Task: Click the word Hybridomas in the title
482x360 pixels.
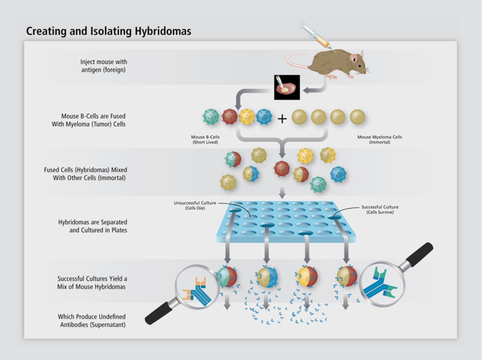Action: coord(163,31)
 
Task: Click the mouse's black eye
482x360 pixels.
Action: coord(360,66)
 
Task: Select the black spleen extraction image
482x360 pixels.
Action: coord(287,87)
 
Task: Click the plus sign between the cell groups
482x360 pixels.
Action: coord(282,119)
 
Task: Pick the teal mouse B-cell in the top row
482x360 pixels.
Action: coord(211,117)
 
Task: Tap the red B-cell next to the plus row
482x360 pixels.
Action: coord(230,117)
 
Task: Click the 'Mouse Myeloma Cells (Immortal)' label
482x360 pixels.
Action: coord(380,139)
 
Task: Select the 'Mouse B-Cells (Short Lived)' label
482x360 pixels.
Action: coord(205,139)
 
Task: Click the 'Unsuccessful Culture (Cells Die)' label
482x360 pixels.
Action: coord(195,205)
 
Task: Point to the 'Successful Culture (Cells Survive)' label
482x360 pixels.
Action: coord(380,210)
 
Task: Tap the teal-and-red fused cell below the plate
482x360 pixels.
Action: coord(227,277)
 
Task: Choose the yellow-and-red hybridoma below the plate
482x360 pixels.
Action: coord(307,277)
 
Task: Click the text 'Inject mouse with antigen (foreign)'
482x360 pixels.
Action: coord(104,66)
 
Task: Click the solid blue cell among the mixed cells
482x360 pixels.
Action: coord(338,174)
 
